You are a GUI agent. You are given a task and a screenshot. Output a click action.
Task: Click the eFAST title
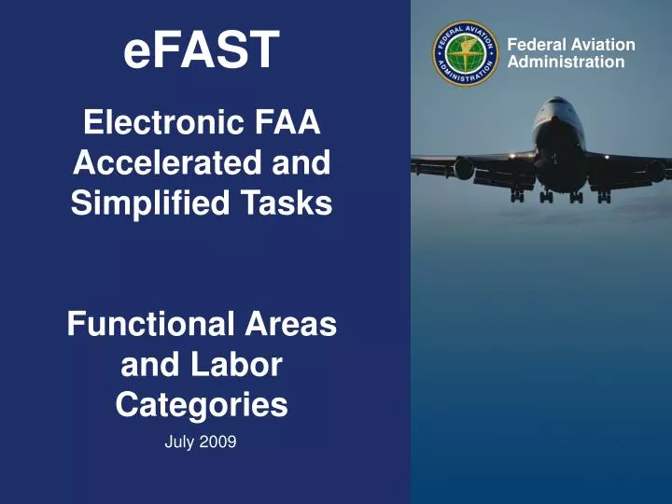tap(202, 49)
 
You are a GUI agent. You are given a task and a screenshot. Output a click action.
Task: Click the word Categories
tap(202, 405)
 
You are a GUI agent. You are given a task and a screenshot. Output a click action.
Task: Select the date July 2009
tap(200, 442)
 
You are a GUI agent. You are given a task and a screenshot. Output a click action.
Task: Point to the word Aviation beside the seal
tap(596, 45)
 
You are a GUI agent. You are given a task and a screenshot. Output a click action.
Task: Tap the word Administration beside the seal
tap(566, 63)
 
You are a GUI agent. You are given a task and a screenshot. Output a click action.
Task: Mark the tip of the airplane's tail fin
tap(560, 98)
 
